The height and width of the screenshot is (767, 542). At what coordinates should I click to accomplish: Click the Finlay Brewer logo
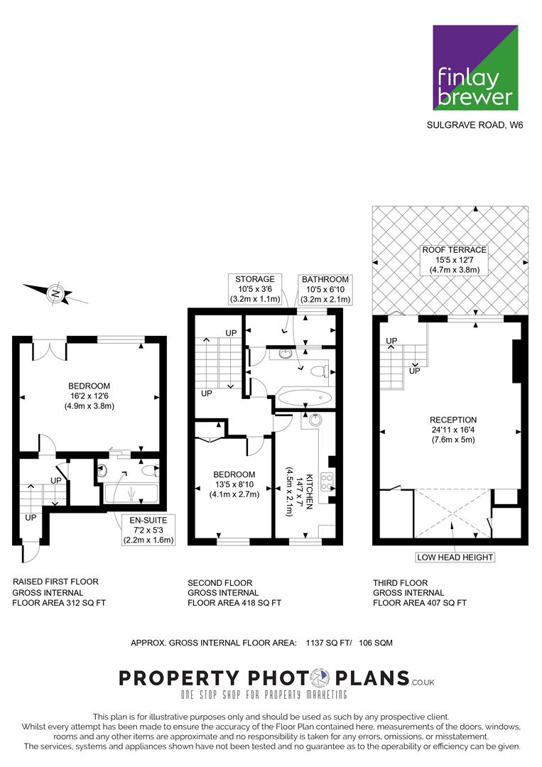point(475,67)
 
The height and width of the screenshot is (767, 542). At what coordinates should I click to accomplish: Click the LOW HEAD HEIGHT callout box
point(455,557)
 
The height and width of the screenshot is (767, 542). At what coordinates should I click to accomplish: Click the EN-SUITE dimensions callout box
point(148,531)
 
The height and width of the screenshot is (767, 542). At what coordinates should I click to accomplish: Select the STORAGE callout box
point(255,289)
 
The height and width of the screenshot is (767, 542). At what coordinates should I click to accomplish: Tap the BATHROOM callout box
point(325,289)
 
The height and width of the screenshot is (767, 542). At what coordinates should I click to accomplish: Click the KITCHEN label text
point(309,491)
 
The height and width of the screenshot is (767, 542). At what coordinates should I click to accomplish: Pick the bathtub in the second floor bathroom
point(305,398)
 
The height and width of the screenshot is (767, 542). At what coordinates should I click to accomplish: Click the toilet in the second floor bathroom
point(320,371)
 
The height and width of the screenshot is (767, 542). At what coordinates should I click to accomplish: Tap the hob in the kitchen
point(327,482)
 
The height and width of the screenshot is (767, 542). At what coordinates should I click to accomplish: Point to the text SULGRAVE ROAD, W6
point(475,125)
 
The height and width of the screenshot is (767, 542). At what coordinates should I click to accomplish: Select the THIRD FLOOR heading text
point(400,582)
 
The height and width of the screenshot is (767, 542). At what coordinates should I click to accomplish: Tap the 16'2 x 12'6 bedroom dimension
point(89,396)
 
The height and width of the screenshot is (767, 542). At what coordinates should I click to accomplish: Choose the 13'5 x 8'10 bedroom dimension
point(234,484)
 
